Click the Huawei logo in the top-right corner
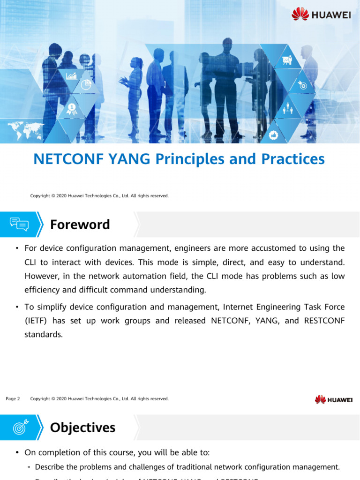321,15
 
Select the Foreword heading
80,225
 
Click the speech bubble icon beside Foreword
19,225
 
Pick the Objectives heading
82,427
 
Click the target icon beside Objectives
19,427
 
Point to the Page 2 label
13,399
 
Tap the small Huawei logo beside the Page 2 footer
334,399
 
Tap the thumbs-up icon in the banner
274,135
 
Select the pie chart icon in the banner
85,85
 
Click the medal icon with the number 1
72,109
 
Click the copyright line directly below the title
99,195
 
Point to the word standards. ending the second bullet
43,335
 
